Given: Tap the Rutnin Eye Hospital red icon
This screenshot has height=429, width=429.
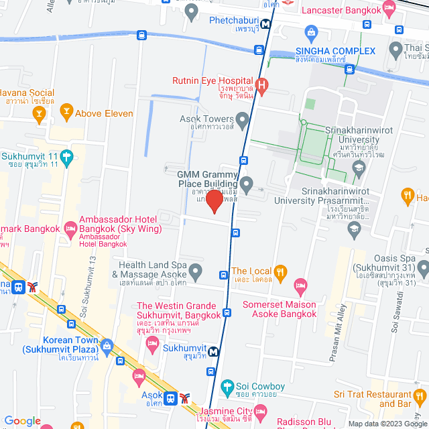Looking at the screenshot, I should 262,85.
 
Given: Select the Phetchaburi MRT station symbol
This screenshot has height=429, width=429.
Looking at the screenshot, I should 266,24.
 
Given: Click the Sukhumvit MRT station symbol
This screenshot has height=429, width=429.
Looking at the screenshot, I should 213,351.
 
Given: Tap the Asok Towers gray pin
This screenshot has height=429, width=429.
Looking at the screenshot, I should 243,119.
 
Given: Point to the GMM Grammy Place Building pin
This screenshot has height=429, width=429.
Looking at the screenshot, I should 247,182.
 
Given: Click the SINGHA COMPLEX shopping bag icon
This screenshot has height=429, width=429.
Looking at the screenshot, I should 310,32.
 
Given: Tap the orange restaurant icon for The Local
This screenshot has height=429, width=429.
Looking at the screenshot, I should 281,271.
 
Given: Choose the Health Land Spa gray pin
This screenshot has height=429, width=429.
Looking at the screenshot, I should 195,271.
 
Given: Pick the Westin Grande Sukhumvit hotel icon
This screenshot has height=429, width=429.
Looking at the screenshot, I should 152,343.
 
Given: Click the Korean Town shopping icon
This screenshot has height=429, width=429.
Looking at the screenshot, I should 107,345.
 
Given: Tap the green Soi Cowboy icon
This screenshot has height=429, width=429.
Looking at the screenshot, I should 228,387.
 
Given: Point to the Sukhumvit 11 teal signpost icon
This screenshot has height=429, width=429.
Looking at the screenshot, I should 66,158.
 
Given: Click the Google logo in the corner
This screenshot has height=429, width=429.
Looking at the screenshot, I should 23,421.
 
